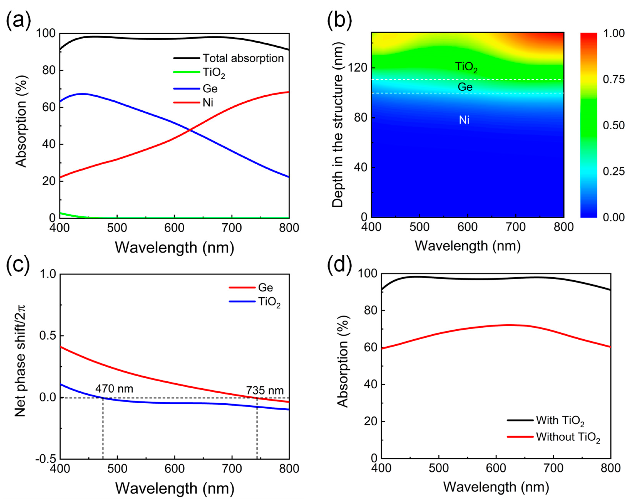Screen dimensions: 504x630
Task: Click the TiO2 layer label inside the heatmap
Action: point(466,67)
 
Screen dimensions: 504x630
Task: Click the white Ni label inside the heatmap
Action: point(464,120)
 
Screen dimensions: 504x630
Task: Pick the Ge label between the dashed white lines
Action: point(465,87)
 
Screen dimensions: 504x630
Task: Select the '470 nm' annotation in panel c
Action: point(114,389)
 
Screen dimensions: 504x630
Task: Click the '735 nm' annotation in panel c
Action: point(265,390)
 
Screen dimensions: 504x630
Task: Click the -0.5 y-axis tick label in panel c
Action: point(45,459)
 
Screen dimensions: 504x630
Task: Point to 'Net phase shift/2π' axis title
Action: point(20,361)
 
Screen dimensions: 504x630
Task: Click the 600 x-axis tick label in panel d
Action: point(496,468)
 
